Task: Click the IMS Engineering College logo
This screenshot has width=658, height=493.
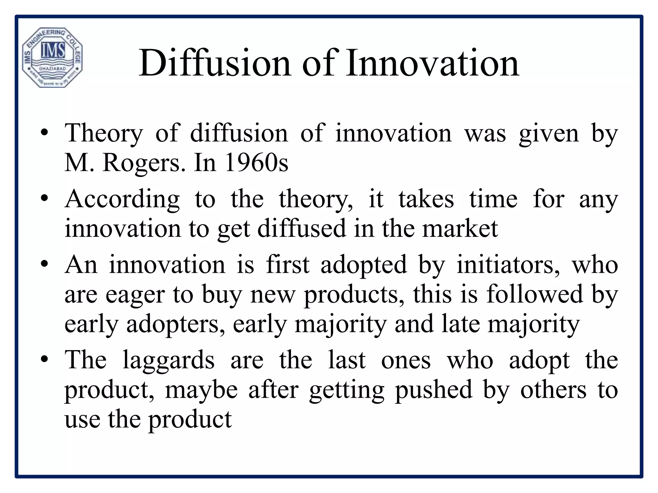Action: [52, 57]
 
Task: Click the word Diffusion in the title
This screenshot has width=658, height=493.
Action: [215, 63]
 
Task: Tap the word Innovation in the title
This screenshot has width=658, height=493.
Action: [432, 63]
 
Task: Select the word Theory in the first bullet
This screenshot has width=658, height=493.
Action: [103, 133]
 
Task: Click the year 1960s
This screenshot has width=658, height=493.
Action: [256, 163]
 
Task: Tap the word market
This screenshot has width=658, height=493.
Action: [460, 229]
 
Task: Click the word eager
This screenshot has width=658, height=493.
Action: [135, 295]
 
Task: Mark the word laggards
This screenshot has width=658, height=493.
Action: [168, 360]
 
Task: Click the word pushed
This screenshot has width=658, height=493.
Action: [433, 390]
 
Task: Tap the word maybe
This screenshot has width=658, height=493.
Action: [201, 390]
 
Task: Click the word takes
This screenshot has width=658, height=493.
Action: [426, 199]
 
